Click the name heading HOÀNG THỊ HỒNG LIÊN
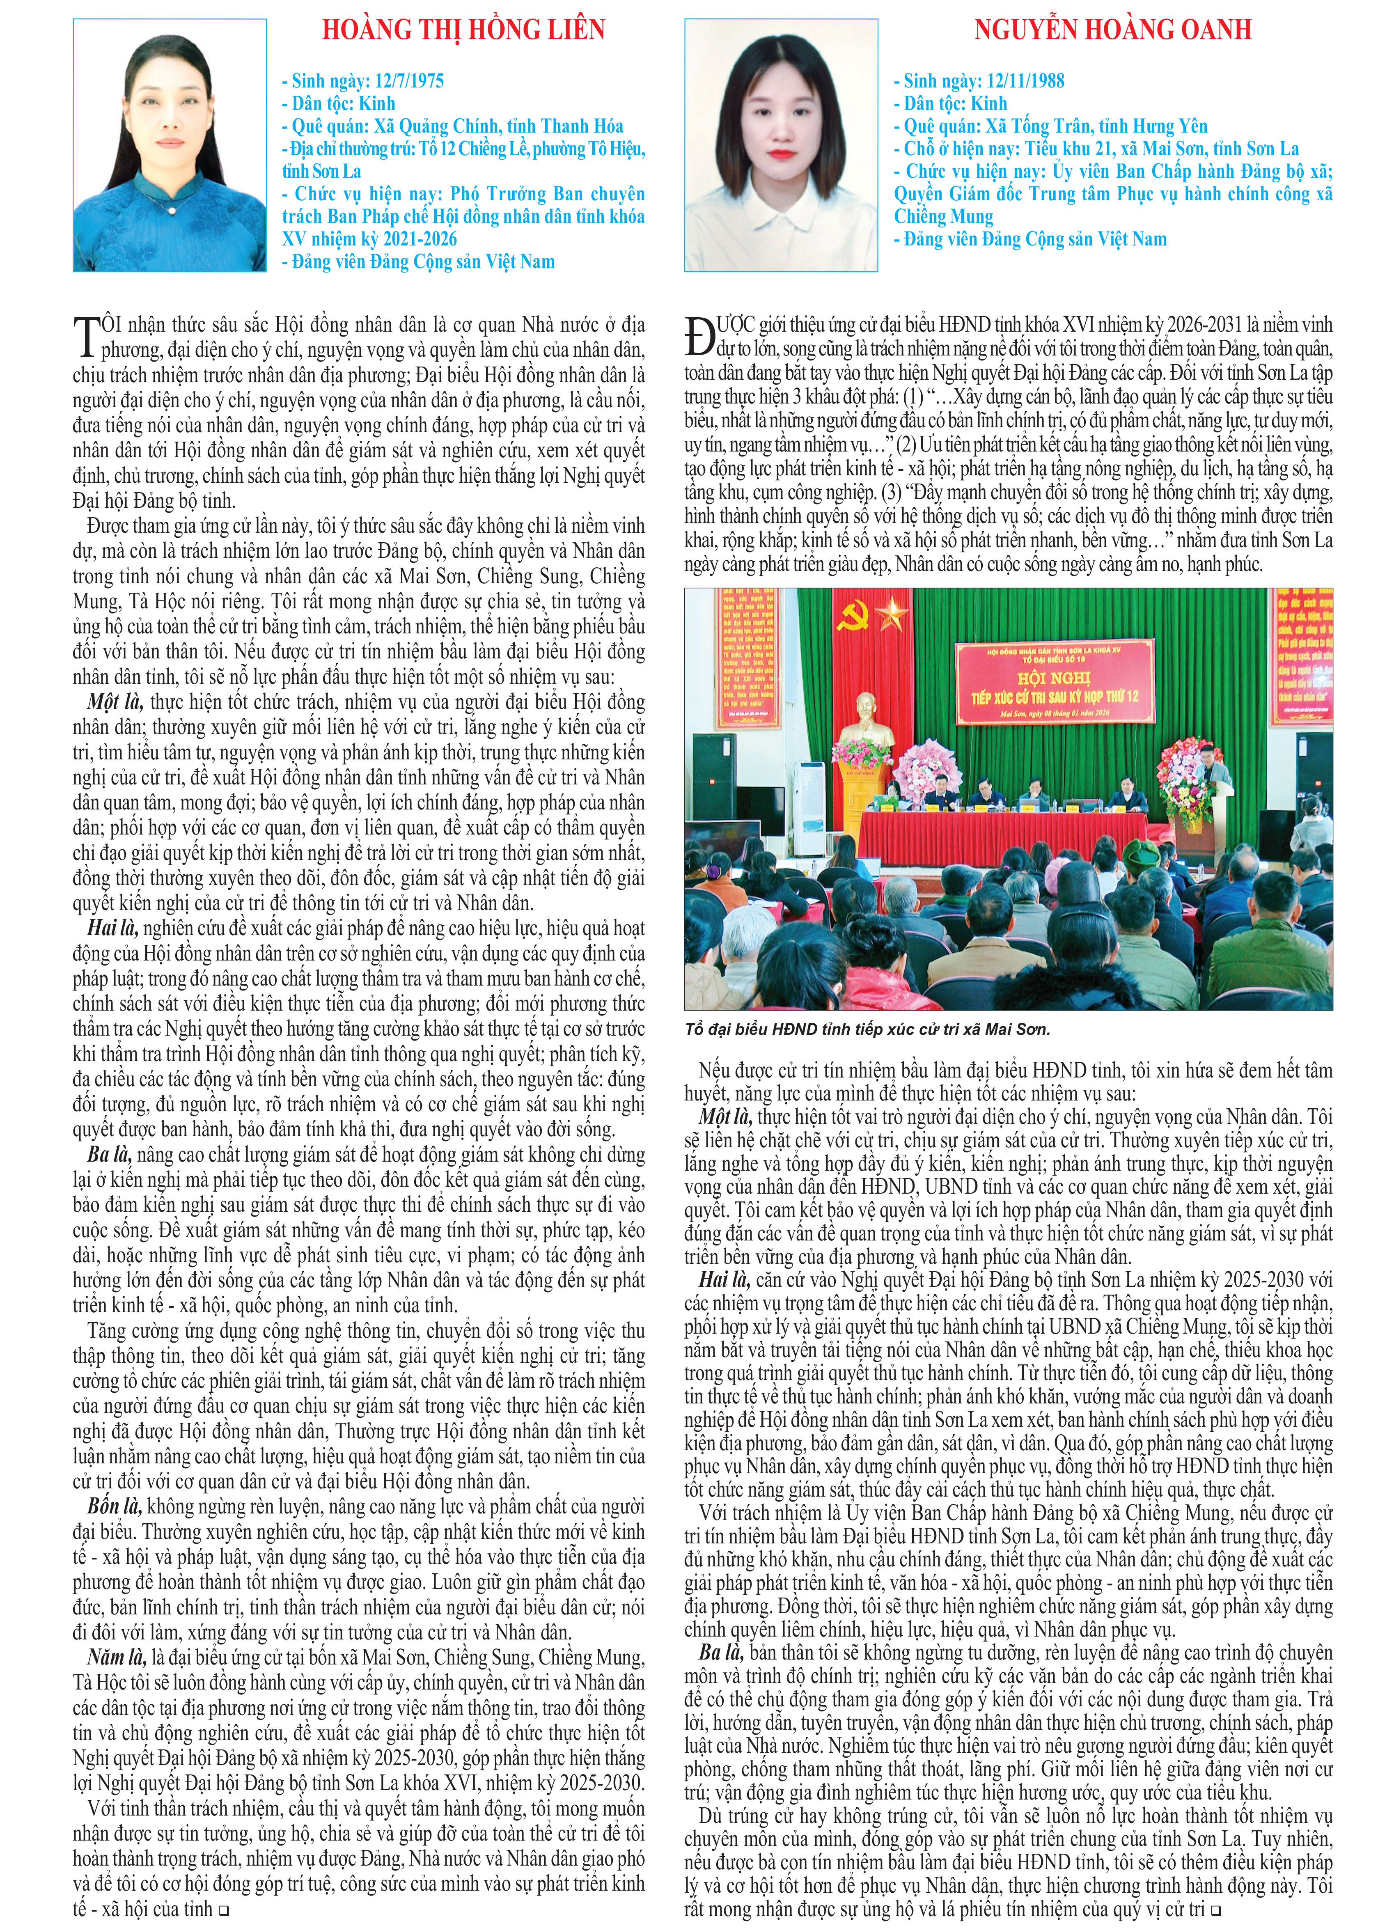tap(463, 31)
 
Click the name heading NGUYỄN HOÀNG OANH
tap(1112, 31)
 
